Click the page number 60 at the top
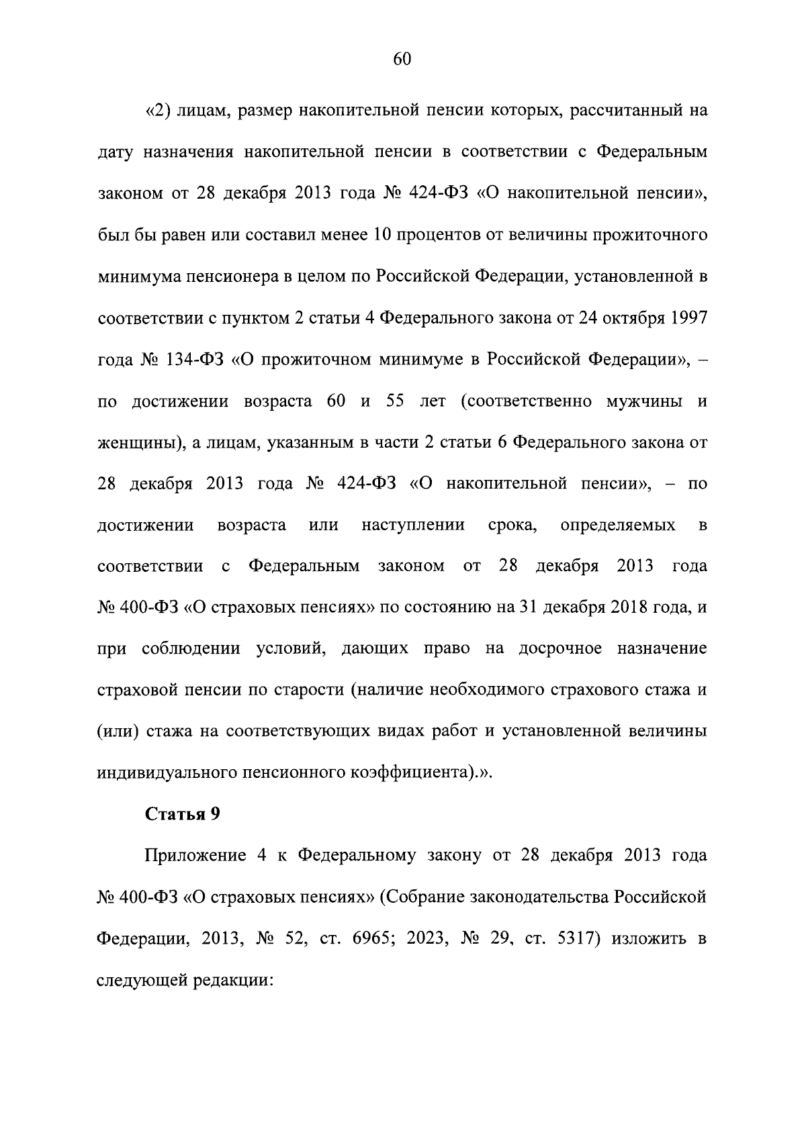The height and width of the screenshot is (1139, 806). click(402, 59)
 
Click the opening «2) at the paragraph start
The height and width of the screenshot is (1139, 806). click(158, 111)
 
